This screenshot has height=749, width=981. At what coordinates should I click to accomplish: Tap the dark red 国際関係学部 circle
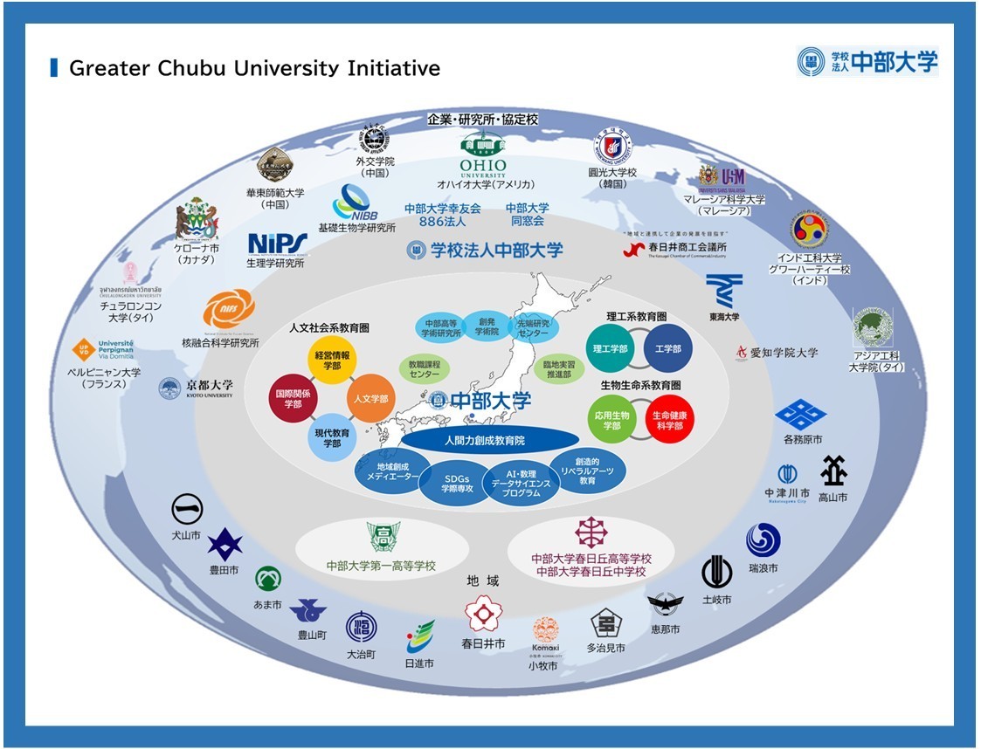[x=292, y=399]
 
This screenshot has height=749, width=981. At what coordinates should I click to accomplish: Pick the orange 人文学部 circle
[x=371, y=399]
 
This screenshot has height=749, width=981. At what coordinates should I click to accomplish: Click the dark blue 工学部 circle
[x=667, y=348]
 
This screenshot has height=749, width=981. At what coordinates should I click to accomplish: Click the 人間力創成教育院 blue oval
[x=490, y=440]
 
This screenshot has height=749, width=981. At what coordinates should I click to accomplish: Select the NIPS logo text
[x=277, y=242]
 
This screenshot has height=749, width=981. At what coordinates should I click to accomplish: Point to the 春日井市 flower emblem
[x=483, y=613]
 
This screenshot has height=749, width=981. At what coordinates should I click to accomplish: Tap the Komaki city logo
[x=545, y=632]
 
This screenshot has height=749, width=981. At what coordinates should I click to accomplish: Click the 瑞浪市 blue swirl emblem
[x=763, y=540]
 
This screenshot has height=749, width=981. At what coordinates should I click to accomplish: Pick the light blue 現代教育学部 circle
[x=332, y=437]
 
